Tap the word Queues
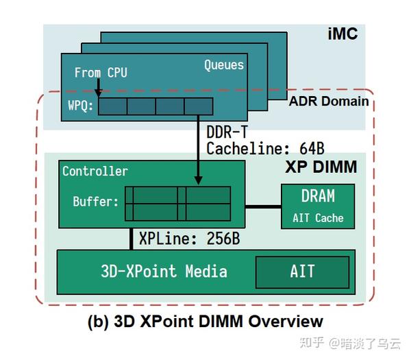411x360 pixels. [223, 65]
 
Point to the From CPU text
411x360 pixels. [101, 72]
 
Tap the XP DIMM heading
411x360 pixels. [320, 167]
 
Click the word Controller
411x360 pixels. [95, 171]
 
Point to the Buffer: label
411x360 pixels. [95, 202]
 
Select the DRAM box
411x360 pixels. [318, 206]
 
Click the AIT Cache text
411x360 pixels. [318, 218]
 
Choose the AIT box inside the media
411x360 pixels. [302, 272]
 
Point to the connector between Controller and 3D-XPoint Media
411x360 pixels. [129, 238]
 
